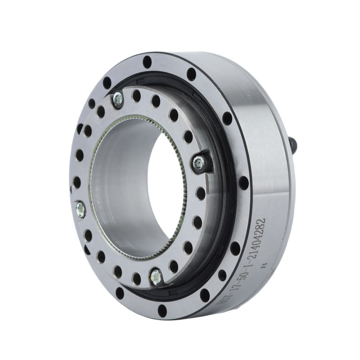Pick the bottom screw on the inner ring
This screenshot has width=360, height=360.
(157, 276)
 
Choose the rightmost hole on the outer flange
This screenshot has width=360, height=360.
(243, 183)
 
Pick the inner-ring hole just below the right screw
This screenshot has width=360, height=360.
(201, 193)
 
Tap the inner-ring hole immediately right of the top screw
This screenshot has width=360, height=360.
(135, 94)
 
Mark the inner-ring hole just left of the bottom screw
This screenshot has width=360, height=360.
(137, 279)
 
